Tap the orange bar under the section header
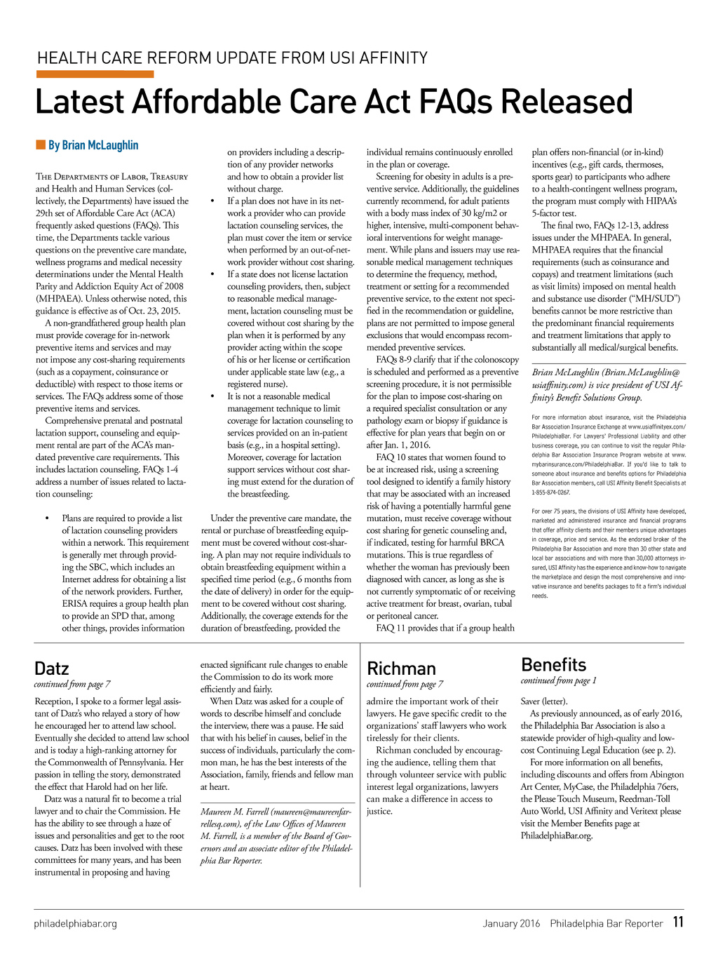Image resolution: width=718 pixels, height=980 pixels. pyautogui.click(x=95, y=74)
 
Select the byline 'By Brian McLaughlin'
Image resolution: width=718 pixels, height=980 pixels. pyautogui.click(x=93, y=145)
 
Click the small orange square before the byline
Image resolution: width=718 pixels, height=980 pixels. pyautogui.click(x=41, y=145)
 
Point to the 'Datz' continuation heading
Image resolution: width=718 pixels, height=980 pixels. pyautogui.click(x=52, y=668)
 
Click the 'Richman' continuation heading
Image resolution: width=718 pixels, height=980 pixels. pyautogui.click(x=401, y=668)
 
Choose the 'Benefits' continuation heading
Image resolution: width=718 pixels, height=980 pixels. pyautogui.click(x=553, y=664)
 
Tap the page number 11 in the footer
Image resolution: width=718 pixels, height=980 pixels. pyautogui.click(x=677, y=922)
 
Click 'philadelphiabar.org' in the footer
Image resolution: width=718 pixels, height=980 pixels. pyautogui.click(x=76, y=923)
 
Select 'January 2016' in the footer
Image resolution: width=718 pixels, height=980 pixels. pyautogui.click(x=511, y=923)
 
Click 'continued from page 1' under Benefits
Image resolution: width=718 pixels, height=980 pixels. pyautogui.click(x=558, y=680)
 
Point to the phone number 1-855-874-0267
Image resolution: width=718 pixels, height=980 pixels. pyautogui.click(x=551, y=492)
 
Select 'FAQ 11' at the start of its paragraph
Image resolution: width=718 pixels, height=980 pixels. pyautogui.click(x=391, y=628)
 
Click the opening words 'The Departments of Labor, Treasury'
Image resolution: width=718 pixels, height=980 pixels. pyautogui.click(x=111, y=177)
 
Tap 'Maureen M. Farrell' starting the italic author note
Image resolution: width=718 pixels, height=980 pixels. pyautogui.click(x=235, y=812)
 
